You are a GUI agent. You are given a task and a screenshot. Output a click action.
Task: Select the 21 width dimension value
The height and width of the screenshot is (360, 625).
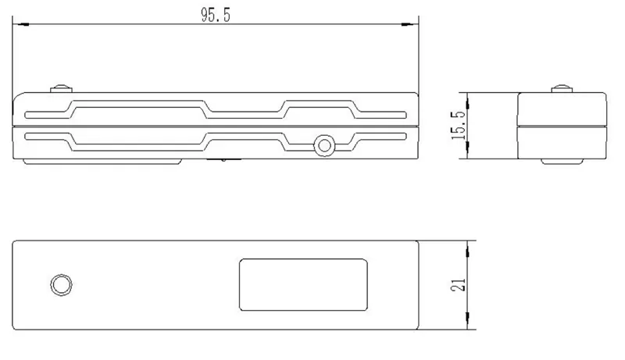tap(460, 283)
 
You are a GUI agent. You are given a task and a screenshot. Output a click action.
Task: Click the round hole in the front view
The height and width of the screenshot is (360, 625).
tap(323, 144)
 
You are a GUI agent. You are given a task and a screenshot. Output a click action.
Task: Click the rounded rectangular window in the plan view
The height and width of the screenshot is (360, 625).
tap(304, 284)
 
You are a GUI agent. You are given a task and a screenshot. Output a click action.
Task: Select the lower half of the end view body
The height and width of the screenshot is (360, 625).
tap(562, 141)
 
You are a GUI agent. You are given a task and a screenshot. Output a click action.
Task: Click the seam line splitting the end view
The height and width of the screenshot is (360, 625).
tap(562, 126)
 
